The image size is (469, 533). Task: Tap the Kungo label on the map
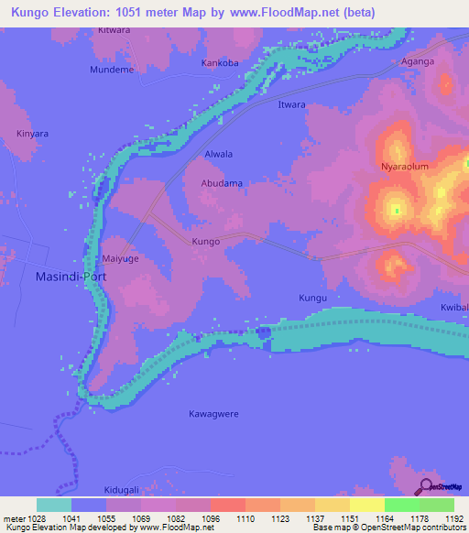[205, 242]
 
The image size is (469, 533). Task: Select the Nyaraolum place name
[404, 168]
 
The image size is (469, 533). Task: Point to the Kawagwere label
[213, 414]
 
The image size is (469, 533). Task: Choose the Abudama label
[222, 183]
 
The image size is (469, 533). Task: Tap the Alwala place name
[219, 154]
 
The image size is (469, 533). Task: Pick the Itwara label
[291, 105]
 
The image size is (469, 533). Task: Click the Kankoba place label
[220, 64]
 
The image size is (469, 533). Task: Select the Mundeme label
[112, 70]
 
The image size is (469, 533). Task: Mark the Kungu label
[313, 299]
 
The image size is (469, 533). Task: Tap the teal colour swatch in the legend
[54, 505]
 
